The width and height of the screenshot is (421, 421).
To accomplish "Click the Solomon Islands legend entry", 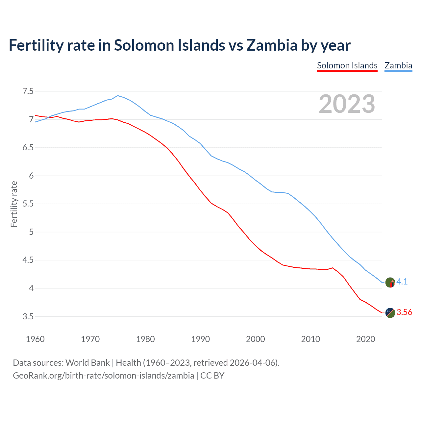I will pos(347,65).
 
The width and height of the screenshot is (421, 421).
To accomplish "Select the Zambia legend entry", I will pos(398,65).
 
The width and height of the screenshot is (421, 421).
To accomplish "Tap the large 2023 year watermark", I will pos(347,104).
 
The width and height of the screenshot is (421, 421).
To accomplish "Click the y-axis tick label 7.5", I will pos(28,91).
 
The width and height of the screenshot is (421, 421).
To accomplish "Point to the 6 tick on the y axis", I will pos(31,176).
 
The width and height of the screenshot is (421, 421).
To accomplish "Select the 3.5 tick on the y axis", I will pos(28,316).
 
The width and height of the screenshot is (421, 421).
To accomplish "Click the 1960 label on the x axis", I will pos(35,339).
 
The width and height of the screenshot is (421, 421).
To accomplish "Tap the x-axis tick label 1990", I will pos(200,339).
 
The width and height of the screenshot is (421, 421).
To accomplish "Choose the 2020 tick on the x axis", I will pos(365,339).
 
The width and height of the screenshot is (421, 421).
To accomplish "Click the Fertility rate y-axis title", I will pos(14,204).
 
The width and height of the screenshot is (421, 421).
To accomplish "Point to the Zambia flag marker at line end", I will pos(390,282).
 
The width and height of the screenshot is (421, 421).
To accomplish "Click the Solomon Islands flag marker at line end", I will pos(390,312).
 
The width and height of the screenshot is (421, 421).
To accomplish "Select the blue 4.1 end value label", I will pos(402,282).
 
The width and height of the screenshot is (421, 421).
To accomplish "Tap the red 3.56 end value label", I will pos(404,312).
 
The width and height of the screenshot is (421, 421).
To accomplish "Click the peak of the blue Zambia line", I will pos(118,95).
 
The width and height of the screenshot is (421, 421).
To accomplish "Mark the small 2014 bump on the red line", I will pos(333,268).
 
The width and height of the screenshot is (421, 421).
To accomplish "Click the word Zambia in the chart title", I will pos(272,45).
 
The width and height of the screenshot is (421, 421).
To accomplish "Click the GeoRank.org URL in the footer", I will pos(103,375).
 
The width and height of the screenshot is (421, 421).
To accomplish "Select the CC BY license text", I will pos(212,375).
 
